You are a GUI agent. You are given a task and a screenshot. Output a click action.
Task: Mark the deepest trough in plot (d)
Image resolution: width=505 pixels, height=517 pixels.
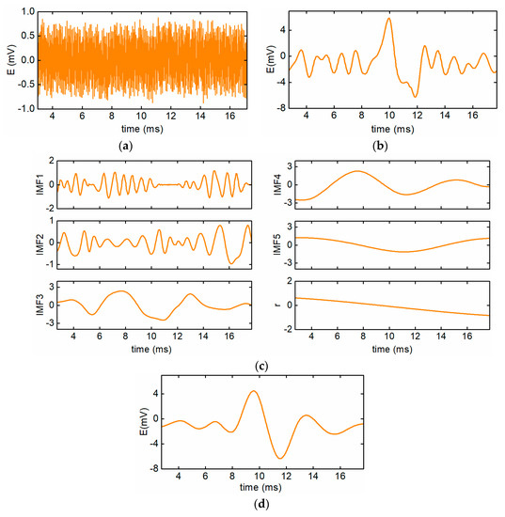coord(279,458)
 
